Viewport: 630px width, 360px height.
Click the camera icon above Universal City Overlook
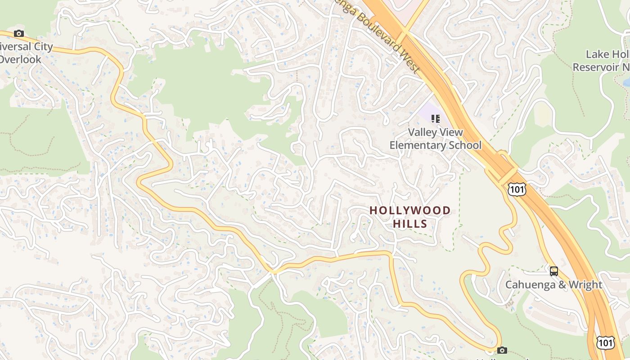(18, 33)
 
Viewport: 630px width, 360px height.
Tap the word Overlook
(21, 59)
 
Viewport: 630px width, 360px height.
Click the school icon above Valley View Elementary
(435, 119)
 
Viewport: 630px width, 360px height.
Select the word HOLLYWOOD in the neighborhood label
(410, 211)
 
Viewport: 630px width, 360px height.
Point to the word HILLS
(410, 224)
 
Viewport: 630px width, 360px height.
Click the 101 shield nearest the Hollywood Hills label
(517, 189)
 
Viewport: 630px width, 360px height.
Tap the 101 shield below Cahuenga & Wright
(605, 343)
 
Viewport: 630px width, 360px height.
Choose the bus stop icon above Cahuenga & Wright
(554, 271)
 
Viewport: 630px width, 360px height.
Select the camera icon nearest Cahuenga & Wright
(502, 350)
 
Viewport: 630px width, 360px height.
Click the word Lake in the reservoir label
(597, 54)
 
